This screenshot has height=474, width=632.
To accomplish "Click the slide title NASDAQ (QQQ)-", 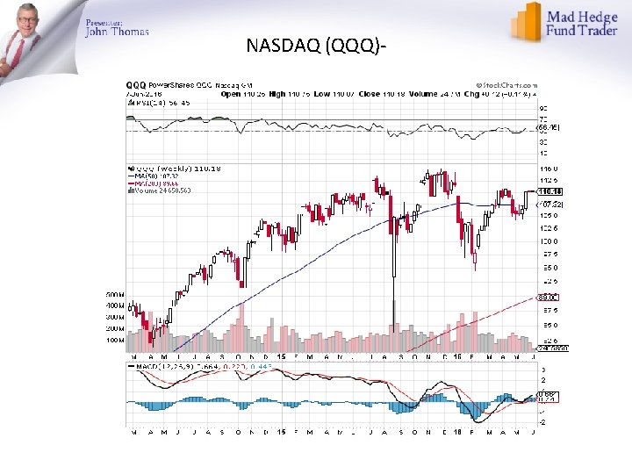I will [318, 45].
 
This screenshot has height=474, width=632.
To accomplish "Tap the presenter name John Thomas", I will [117, 32].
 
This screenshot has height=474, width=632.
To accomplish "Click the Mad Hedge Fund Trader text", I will [585, 24].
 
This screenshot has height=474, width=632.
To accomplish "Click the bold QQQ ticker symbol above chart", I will [136, 85].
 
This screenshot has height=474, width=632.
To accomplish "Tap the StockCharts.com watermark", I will [506, 86].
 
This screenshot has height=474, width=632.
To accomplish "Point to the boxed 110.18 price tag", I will [549, 191].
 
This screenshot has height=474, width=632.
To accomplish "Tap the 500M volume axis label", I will [115, 294].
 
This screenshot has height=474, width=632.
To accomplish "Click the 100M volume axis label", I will [115, 340].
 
